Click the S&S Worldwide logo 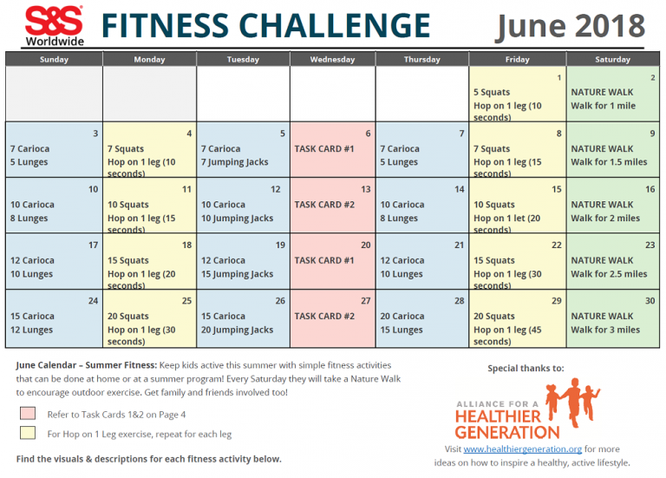53,26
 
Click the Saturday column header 612,60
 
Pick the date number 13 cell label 366,189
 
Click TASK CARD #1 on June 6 324,148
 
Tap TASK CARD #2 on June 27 324,316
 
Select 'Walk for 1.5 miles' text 609,162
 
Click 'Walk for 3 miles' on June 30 605,330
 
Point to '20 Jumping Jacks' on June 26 237,330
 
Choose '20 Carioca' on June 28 401,316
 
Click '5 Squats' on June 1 492,92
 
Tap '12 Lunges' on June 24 31,330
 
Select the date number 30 650,300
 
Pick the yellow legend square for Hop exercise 28,433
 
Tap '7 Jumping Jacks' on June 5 234,162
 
